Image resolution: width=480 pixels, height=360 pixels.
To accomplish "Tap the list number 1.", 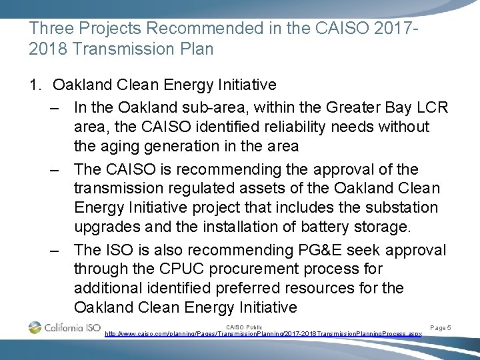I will [35, 85].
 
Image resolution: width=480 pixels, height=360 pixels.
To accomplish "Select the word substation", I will [401, 207].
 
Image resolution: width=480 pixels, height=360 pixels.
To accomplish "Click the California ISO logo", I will [64, 327].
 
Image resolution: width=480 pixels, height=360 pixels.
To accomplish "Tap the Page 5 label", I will [440, 327].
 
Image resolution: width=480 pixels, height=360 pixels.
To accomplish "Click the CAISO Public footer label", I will [245, 326].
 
